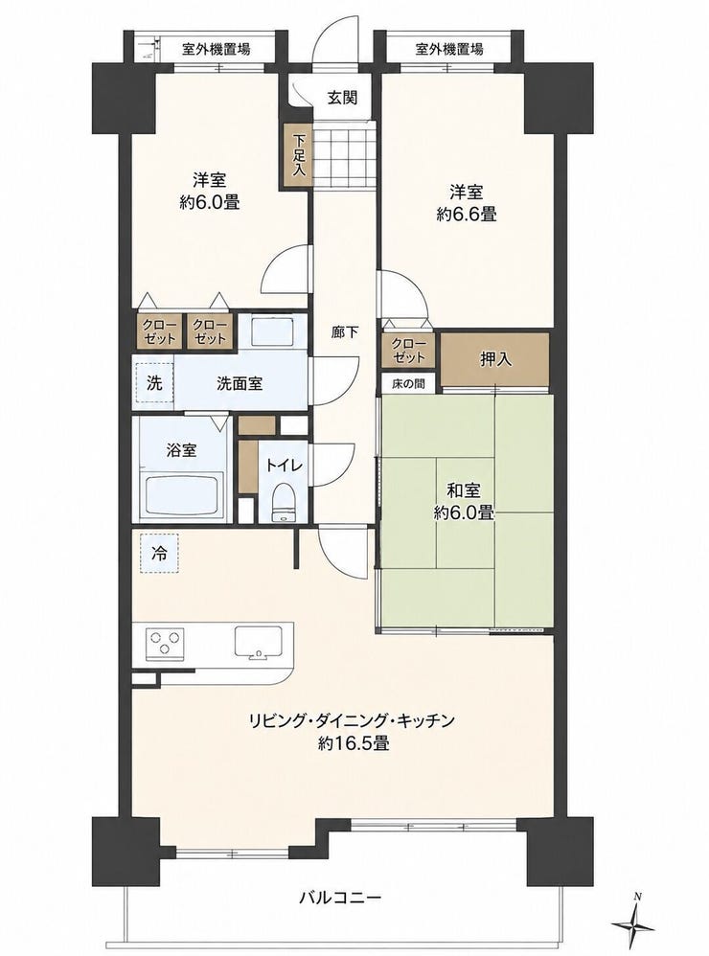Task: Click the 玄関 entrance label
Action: tap(342, 98)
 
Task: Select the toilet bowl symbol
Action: tap(282, 502)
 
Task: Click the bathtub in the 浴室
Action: tap(182, 494)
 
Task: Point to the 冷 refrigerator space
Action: tap(158, 553)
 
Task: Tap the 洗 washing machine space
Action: tap(154, 383)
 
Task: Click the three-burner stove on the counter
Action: tap(165, 643)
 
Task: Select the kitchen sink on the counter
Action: tap(259, 642)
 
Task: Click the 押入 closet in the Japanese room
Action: tap(495, 359)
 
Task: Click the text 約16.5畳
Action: tap(353, 743)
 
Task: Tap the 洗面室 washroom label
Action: tap(240, 383)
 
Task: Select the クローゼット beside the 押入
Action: tap(408, 350)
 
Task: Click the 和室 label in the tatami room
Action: tap(464, 490)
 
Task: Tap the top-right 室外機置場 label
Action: tap(448, 49)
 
